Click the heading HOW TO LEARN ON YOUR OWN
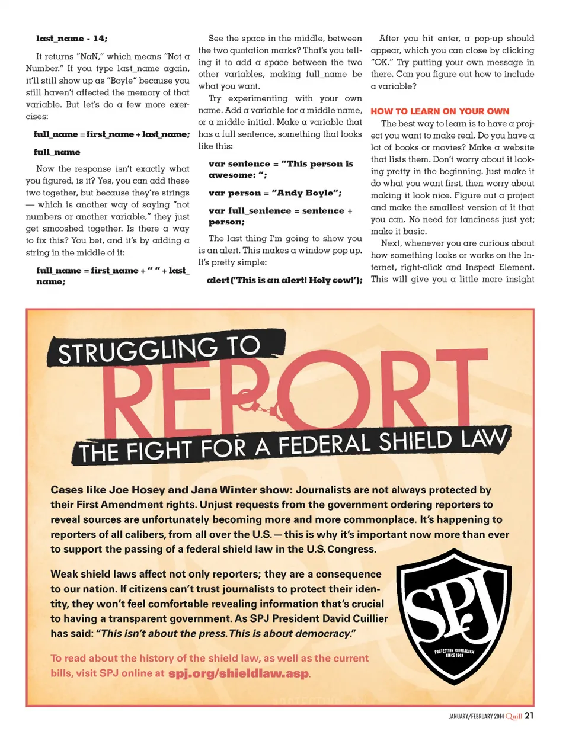click(440, 111)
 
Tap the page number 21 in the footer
click(529, 716)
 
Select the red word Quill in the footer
click(513, 716)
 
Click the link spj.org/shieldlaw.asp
click(238, 673)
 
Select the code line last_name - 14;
click(72, 39)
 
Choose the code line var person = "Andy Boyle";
click(275, 193)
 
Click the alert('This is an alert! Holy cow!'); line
click(284, 280)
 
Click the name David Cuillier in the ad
click(355, 618)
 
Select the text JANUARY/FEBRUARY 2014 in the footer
click(476, 716)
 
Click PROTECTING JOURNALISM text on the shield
click(454, 651)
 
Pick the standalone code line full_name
click(57, 152)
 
